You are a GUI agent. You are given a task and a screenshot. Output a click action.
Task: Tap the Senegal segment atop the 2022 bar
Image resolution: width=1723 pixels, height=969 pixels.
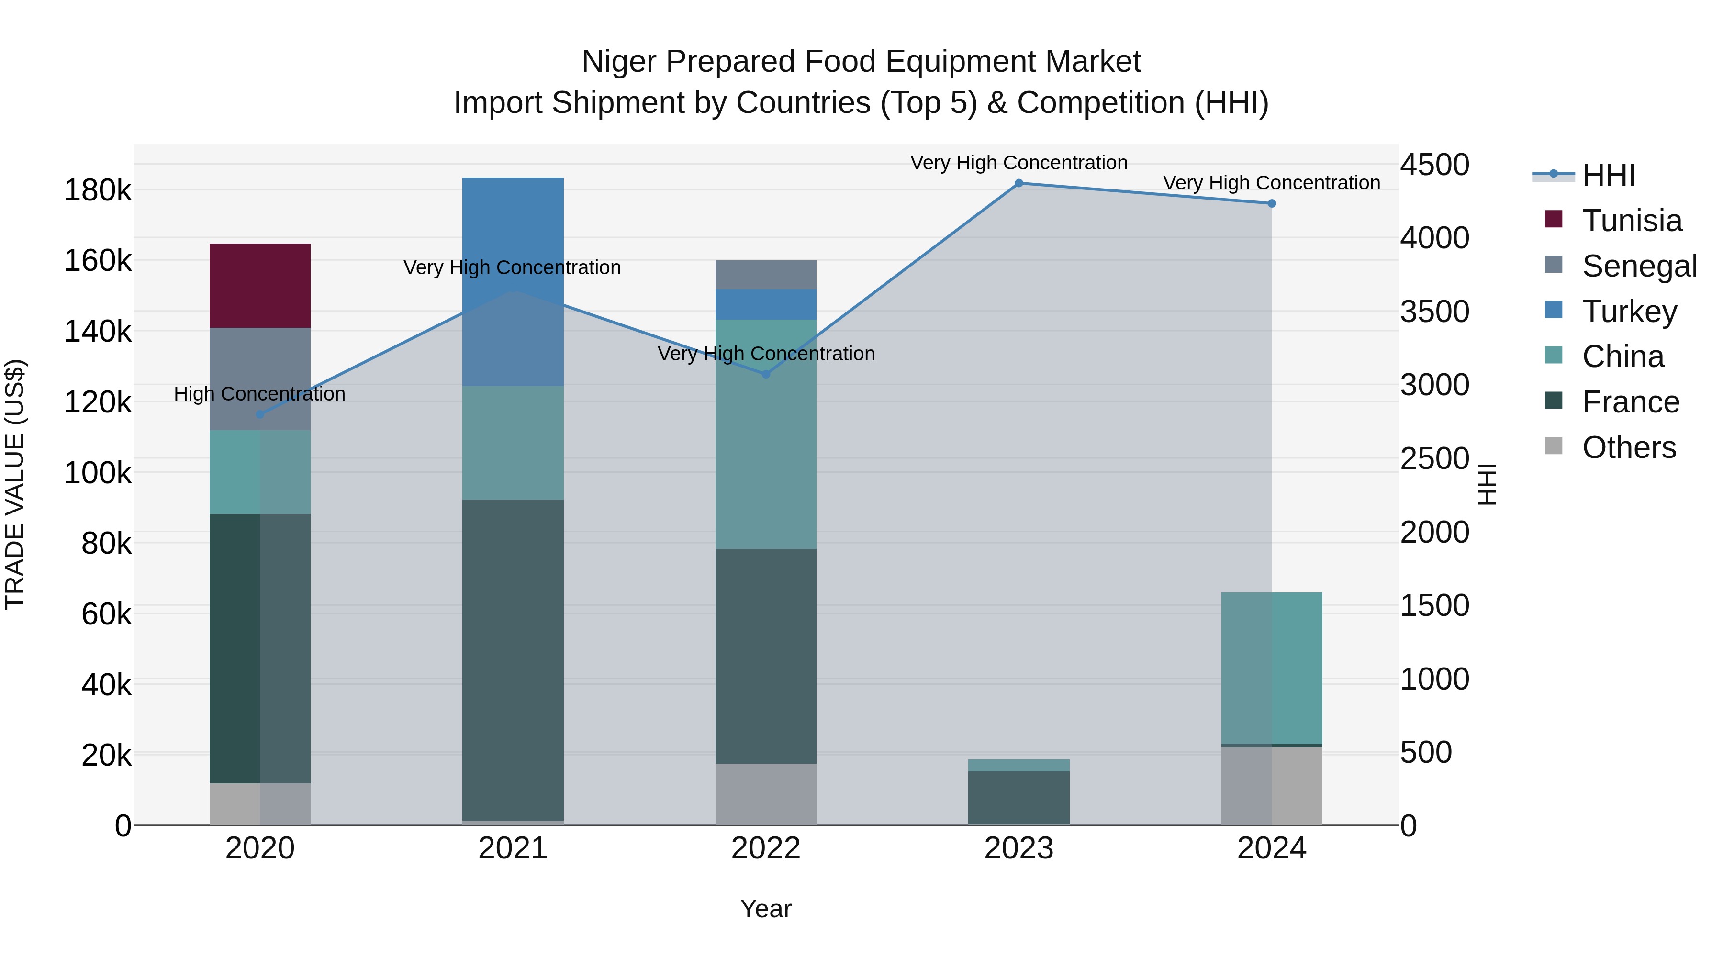tap(766, 274)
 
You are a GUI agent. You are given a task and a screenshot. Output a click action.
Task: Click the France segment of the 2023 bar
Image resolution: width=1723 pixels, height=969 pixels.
tap(1018, 797)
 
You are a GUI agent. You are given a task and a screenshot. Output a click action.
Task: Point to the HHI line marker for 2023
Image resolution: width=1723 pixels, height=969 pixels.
tap(1018, 183)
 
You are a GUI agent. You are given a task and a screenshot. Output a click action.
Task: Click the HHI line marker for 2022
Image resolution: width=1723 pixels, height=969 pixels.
tap(766, 374)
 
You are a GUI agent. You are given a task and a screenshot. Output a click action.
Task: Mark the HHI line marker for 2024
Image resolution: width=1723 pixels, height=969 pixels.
tap(1272, 203)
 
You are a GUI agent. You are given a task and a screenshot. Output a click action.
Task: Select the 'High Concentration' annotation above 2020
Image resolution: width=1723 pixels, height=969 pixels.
tap(259, 394)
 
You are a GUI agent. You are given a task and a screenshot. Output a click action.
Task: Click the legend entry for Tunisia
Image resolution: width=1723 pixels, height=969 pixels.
tap(1631, 221)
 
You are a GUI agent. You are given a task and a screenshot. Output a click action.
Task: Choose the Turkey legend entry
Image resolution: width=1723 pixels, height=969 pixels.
tap(1629, 312)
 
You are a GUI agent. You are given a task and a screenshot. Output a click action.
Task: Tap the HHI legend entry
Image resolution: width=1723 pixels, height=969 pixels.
tap(1608, 175)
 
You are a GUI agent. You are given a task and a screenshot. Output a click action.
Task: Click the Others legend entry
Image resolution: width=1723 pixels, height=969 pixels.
tap(1628, 447)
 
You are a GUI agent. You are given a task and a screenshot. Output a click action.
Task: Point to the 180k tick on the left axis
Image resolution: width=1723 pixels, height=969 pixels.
tap(98, 190)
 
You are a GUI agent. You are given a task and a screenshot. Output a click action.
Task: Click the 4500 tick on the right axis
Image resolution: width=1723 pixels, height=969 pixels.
tap(1435, 165)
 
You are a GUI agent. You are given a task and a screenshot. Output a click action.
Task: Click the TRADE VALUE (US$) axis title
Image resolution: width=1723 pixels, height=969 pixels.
tap(15, 484)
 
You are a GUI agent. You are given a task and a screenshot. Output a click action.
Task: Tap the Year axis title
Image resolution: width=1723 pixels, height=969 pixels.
tap(765, 909)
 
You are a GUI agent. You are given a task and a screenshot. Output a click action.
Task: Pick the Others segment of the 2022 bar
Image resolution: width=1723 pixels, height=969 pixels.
tap(766, 794)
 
